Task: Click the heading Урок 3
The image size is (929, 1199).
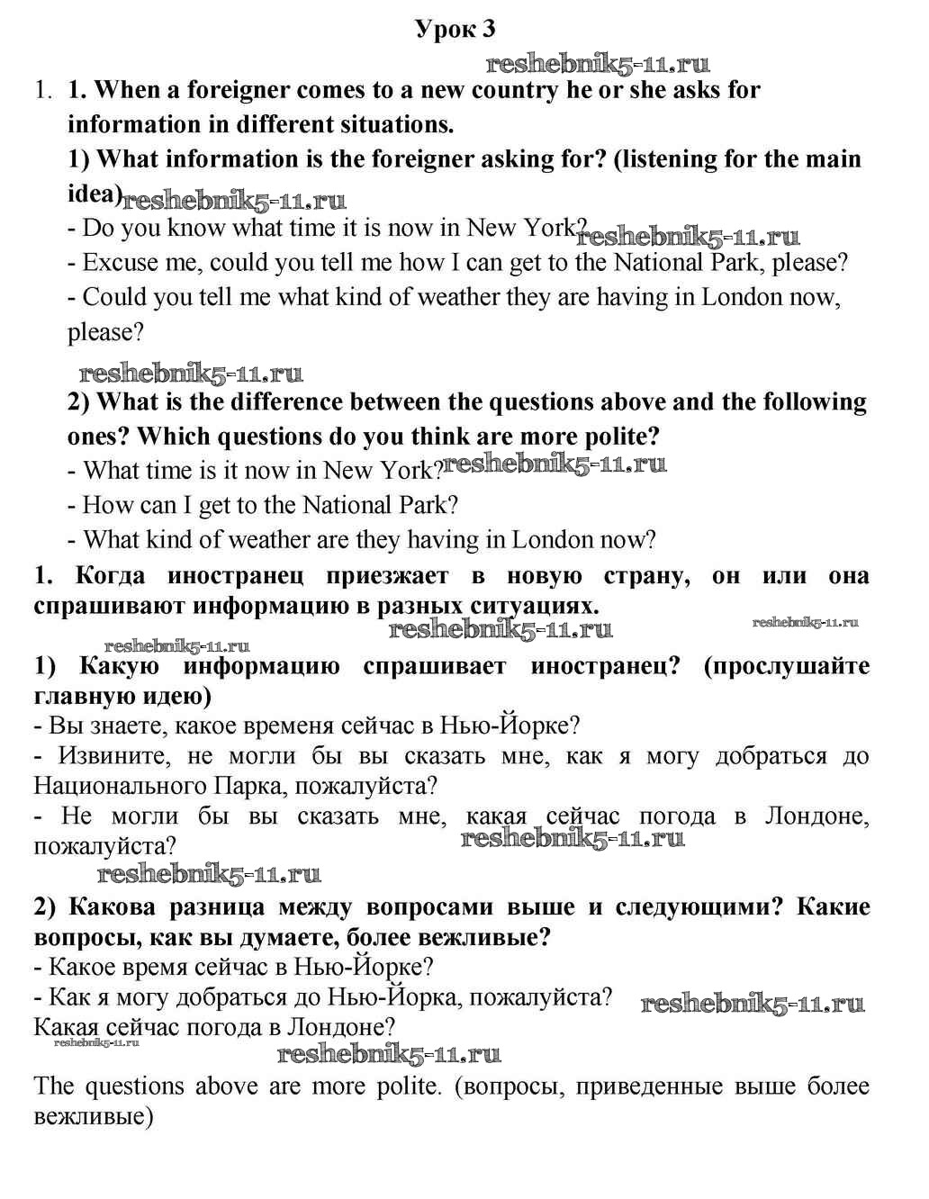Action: (x=455, y=30)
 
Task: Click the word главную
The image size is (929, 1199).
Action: (x=77, y=697)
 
